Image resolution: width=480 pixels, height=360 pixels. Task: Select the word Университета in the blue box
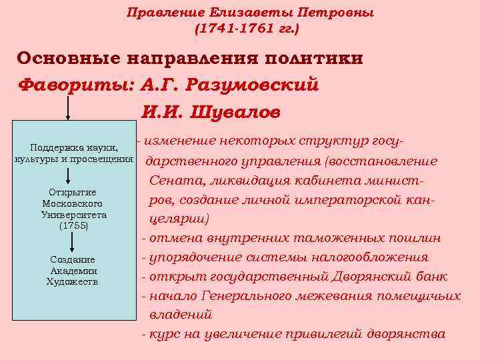coord(73,215)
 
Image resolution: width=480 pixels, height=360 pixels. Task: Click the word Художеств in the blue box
coord(73,281)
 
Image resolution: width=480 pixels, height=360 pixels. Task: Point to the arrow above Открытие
coord(69,176)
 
